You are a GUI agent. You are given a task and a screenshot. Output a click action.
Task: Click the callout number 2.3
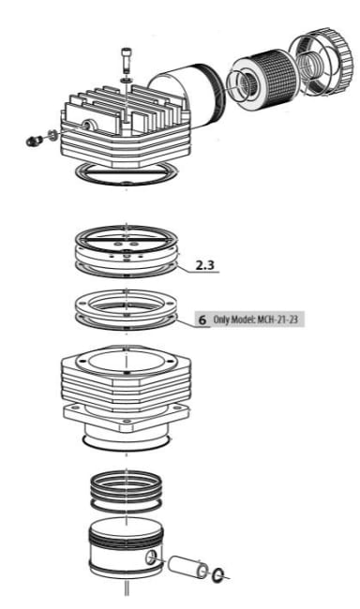click(x=205, y=265)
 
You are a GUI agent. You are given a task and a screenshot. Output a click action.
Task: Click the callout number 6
click(x=202, y=320)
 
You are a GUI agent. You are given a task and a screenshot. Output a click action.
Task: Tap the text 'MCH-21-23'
click(x=277, y=319)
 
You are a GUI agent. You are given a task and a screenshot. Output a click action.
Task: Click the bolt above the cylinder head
click(x=126, y=60)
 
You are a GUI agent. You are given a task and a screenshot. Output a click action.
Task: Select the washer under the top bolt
click(x=126, y=80)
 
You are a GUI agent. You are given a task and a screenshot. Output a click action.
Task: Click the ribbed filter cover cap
click(x=322, y=61)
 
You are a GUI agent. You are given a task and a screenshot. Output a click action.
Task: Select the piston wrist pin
click(x=187, y=566)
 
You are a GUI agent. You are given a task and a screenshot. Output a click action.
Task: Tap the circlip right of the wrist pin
click(x=218, y=575)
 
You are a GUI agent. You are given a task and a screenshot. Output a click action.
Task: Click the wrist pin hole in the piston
click(x=152, y=557)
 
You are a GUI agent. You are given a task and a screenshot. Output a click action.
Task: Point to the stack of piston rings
click(x=126, y=491)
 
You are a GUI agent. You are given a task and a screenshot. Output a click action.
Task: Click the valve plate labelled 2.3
click(x=126, y=251)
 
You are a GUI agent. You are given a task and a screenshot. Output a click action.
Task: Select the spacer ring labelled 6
click(x=126, y=309)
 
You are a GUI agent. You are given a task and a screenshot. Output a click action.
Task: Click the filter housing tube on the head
click(x=187, y=99)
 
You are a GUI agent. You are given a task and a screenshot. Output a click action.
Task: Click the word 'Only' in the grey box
click(x=221, y=319)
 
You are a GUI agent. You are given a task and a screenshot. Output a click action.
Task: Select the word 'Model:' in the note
click(x=243, y=319)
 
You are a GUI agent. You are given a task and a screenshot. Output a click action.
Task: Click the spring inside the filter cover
click(x=310, y=63)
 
